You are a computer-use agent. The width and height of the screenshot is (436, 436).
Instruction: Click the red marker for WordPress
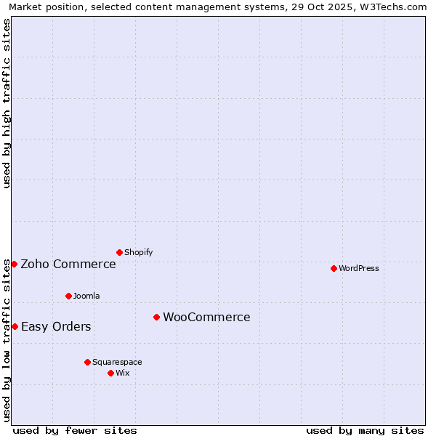click(x=334, y=268)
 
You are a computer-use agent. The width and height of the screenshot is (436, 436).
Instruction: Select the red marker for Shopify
click(x=119, y=252)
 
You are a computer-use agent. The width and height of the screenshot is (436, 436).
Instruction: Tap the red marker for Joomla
click(x=68, y=296)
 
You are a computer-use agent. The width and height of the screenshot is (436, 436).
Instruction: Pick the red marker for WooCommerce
click(x=156, y=317)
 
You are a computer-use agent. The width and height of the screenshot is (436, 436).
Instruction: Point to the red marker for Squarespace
click(x=87, y=362)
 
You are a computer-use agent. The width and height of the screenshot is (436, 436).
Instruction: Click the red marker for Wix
click(x=110, y=373)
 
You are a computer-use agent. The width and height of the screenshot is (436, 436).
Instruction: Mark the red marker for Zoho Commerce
click(x=14, y=264)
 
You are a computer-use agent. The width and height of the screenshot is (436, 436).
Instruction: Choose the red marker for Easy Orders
click(x=15, y=326)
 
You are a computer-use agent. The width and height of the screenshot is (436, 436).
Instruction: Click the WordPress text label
click(x=358, y=268)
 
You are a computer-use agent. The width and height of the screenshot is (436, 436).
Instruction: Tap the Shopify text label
click(x=138, y=252)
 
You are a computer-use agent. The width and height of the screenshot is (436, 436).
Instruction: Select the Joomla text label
click(x=86, y=296)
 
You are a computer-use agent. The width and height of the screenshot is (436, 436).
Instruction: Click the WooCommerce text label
click(x=206, y=317)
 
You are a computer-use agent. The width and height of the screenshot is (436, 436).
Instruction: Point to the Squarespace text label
click(x=117, y=362)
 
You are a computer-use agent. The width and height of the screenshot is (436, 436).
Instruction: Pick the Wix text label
click(x=123, y=373)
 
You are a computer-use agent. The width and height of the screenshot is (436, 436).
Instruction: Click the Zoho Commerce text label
click(x=68, y=264)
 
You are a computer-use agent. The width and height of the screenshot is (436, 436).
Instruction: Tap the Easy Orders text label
click(x=56, y=326)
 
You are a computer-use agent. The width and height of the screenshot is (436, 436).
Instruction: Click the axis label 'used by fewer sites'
click(x=75, y=430)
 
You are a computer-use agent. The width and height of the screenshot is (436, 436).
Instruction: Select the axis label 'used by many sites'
click(x=365, y=430)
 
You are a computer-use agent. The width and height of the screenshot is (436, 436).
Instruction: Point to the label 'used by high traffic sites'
click(x=7, y=103)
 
